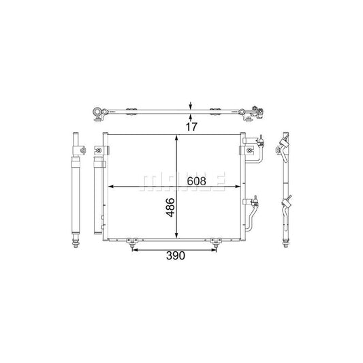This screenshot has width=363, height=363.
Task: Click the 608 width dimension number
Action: tap(196, 181)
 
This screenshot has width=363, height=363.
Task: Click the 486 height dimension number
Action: tap(171, 207)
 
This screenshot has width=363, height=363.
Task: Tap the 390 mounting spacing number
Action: tap(176, 255)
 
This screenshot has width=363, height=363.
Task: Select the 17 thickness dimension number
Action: tap(191, 127)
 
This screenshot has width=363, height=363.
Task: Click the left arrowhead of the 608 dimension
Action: tap(110, 187)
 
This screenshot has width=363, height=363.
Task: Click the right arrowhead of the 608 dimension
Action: tap(238, 187)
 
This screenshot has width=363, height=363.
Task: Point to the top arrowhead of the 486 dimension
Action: tap(176, 138)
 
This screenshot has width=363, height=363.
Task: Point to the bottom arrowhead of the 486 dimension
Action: tap(176, 236)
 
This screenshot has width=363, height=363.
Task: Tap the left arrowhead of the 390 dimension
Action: tap(135, 250)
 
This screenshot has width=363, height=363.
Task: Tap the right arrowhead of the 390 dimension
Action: tap(213, 250)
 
